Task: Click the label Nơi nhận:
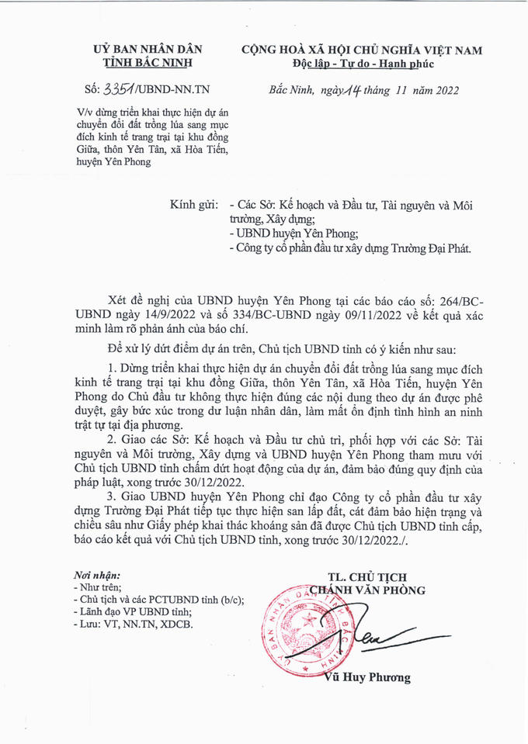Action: click(x=97, y=574)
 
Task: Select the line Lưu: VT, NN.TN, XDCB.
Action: click(x=132, y=623)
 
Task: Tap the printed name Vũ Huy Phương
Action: click(x=369, y=677)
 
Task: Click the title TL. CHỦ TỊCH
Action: click(x=366, y=576)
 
